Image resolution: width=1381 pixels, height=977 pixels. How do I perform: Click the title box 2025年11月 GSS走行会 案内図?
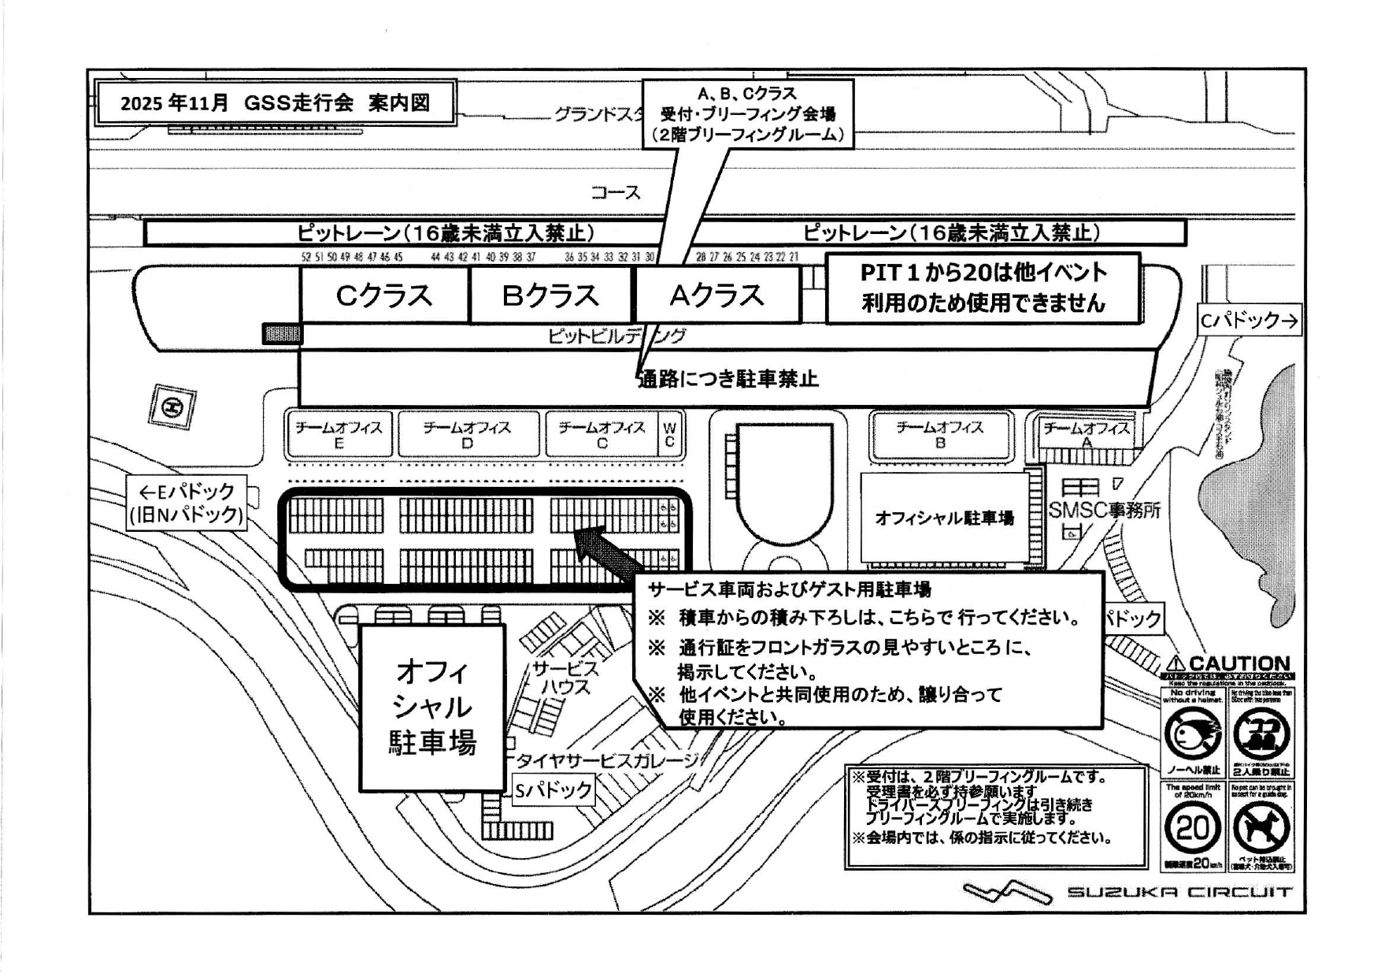click(x=275, y=103)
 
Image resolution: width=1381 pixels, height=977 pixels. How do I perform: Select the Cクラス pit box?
click(x=384, y=295)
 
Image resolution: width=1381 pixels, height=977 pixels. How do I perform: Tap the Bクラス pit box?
click(x=550, y=295)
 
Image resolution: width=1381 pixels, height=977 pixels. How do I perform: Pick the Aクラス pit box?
click(x=716, y=295)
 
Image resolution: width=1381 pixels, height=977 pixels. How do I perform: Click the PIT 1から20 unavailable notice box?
click(x=983, y=288)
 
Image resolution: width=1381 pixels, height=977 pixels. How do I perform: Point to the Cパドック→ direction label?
click(x=1248, y=321)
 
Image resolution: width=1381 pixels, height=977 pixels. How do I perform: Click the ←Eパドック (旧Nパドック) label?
click(x=187, y=503)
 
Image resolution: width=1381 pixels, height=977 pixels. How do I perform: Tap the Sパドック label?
click(x=554, y=789)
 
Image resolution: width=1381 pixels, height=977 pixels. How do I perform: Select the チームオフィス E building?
click(x=339, y=434)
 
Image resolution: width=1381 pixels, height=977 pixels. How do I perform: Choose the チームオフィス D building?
click(x=468, y=434)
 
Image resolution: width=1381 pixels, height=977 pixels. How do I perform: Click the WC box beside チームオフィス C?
click(x=669, y=434)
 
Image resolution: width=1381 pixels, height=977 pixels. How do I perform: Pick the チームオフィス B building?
click(x=940, y=434)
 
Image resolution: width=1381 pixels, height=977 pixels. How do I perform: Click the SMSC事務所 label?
click(x=1104, y=510)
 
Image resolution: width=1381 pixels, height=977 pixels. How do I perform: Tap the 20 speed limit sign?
click(x=1193, y=828)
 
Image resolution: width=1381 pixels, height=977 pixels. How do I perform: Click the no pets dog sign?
click(x=1261, y=828)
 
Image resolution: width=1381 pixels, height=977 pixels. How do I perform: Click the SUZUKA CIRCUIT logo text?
click(x=1179, y=892)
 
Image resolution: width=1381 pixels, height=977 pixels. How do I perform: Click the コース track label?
click(x=616, y=192)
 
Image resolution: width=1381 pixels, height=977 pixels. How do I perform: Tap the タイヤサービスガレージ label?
click(x=606, y=760)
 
